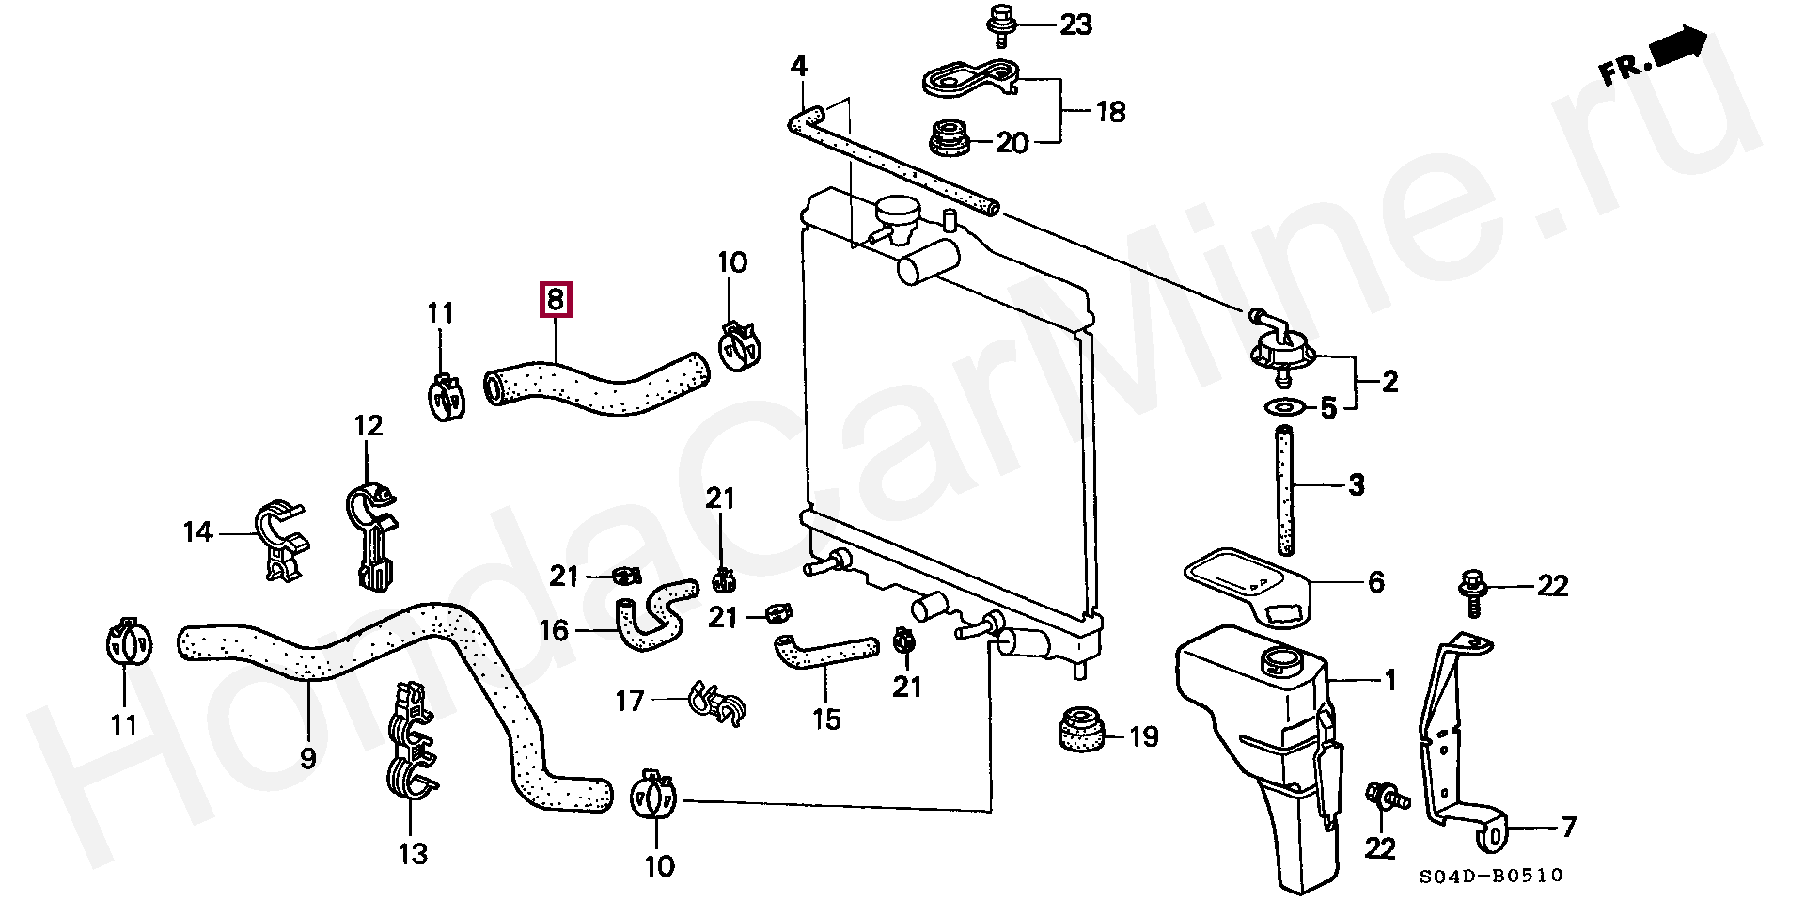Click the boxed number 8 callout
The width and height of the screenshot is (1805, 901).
pos(555,301)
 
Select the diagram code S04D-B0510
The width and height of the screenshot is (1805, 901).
pos(1491,876)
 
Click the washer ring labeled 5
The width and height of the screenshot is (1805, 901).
pos(1284,407)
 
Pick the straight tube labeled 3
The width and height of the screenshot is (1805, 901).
pos(1285,492)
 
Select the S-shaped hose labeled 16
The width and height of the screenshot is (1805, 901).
pos(654,614)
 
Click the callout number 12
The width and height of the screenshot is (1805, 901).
pos(369,426)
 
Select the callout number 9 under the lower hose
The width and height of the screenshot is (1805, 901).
pos(308,757)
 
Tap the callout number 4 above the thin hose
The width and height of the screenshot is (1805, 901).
pos(798,66)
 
